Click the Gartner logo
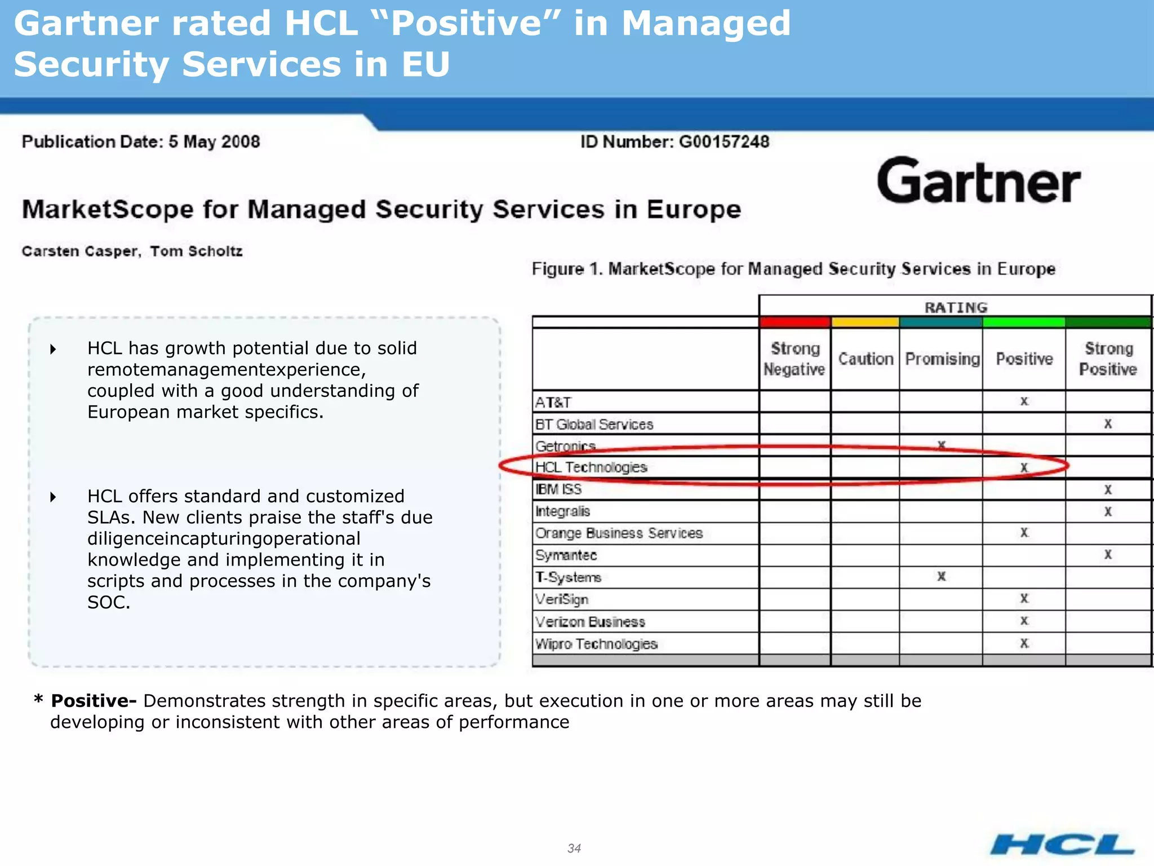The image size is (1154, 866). click(979, 182)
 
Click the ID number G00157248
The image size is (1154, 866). click(724, 142)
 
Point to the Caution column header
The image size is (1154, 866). click(865, 359)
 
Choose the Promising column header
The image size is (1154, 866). click(942, 359)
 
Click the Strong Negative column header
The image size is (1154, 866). click(795, 359)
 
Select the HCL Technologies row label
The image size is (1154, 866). click(591, 467)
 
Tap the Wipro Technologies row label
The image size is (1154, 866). click(596, 644)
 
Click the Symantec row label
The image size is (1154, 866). click(566, 555)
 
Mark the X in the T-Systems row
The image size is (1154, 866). click(941, 576)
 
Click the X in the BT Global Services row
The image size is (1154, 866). click(1108, 424)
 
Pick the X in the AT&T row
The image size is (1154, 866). click(1024, 401)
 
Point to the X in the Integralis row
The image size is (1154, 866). click(1108, 511)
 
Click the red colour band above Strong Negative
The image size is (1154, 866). click(795, 322)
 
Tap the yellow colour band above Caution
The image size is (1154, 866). click(865, 322)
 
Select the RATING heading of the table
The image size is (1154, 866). click(956, 307)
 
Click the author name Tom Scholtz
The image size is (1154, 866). click(196, 251)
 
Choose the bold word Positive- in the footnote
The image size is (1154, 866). click(94, 701)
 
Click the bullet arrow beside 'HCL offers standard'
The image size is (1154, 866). click(53, 497)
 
